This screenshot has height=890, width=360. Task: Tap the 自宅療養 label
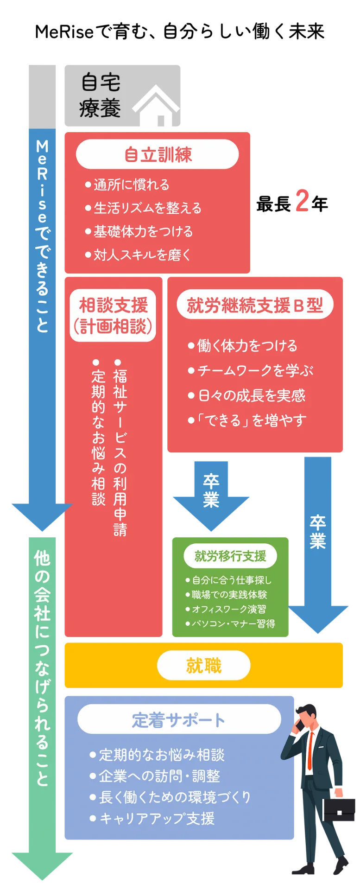100,96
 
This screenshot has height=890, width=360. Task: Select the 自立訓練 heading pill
158,155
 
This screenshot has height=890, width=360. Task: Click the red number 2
302,201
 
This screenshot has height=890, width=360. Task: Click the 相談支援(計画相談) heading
113,316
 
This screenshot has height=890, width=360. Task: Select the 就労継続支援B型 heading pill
255,305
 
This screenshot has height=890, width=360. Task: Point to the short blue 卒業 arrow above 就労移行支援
211,494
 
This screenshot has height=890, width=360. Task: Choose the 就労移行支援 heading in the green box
230,556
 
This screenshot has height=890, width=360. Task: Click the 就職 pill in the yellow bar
204,666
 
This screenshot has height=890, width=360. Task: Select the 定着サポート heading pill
179,720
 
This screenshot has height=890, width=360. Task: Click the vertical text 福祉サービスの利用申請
120,452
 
